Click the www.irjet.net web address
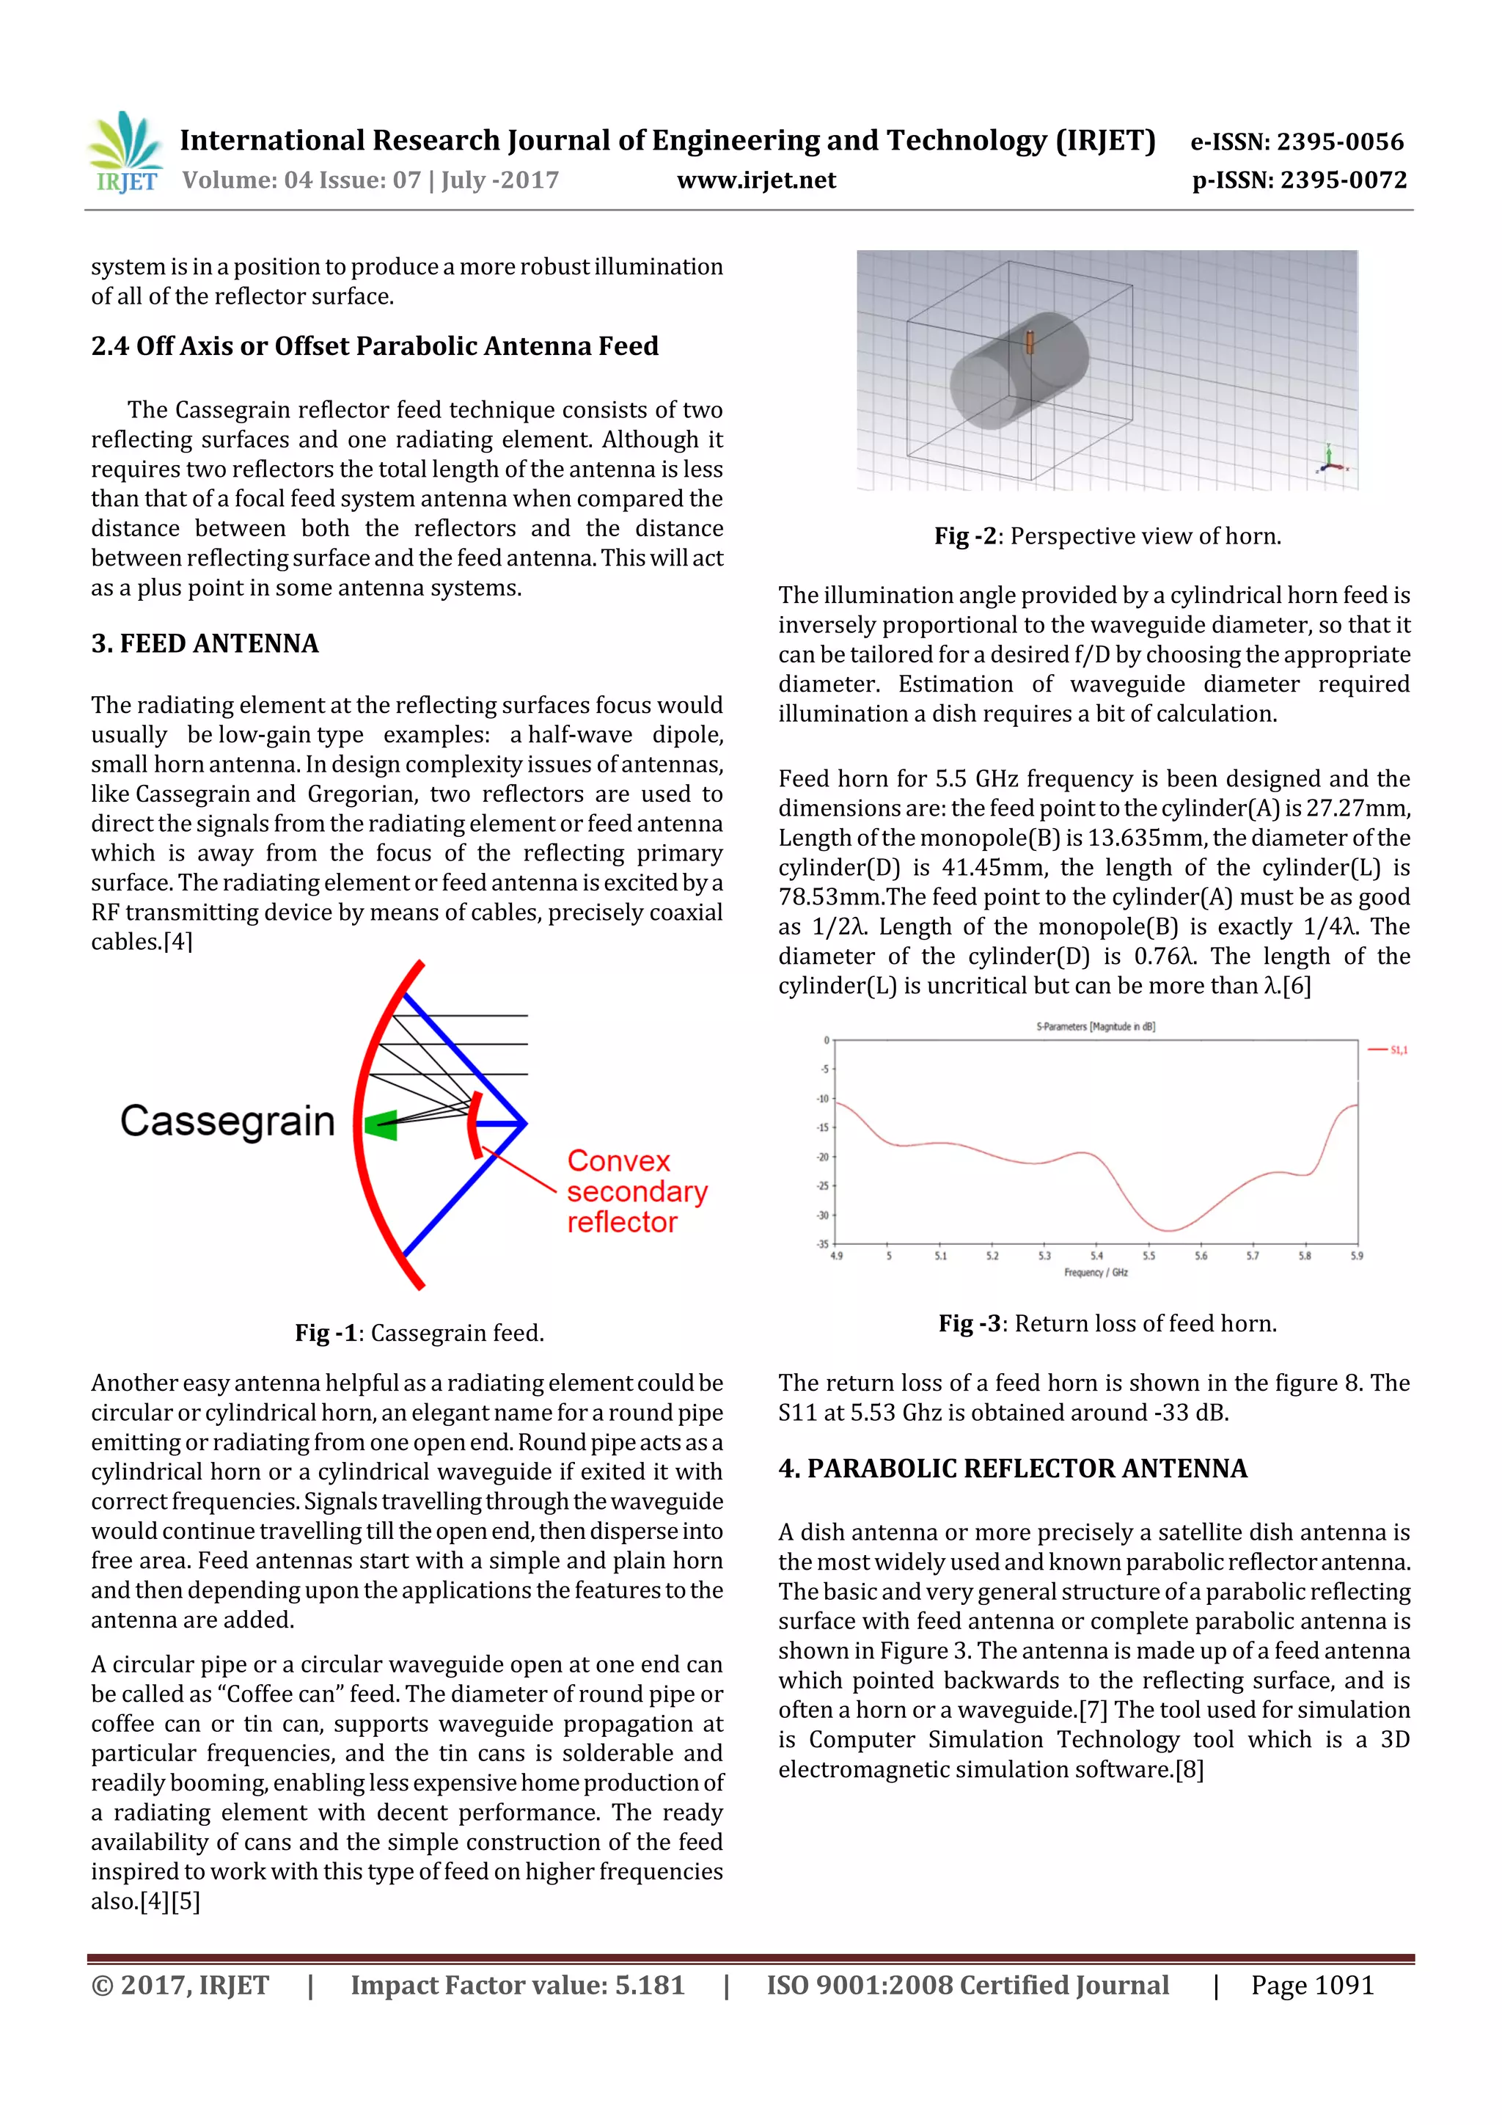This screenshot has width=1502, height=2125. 756,180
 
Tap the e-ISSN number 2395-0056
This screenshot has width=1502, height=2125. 1339,142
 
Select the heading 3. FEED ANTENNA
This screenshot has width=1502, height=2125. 205,643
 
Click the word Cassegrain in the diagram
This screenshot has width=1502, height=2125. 227,1121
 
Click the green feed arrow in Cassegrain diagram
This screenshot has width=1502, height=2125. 381,1125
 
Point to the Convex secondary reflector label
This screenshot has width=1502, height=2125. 637,1191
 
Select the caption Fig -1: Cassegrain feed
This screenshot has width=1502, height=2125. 420,1333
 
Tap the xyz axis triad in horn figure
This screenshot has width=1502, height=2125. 1330,460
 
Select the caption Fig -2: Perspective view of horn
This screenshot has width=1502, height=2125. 1107,536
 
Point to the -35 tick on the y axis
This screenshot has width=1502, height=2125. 823,1243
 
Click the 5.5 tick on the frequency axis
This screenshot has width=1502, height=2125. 1149,1256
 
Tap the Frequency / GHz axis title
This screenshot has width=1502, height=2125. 1096,1273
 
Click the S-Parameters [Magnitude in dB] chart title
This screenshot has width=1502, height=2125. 1095,1026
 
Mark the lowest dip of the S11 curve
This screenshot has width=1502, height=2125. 1169,1230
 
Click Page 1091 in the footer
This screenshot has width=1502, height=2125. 1311,1985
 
